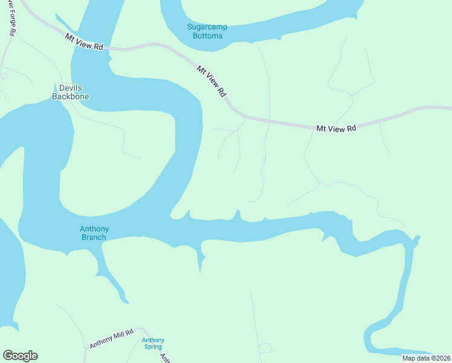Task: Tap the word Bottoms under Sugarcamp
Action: coord(207,36)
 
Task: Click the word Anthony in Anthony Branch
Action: coord(93,229)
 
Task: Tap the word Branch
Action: coord(93,237)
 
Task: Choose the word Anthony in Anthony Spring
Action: coord(153,340)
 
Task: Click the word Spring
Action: coord(153,347)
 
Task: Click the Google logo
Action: coord(20,356)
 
